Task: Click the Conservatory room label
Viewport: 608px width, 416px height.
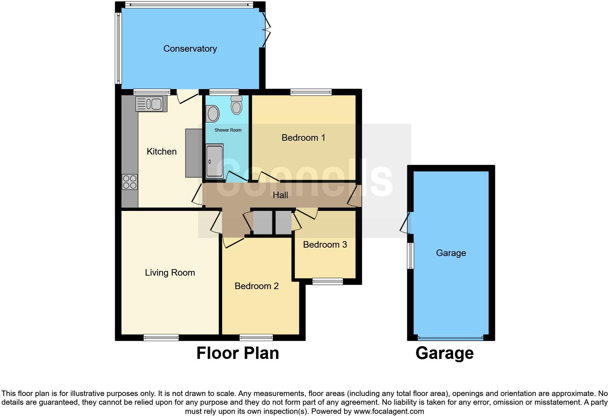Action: (190, 49)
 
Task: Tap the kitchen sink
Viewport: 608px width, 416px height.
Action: (151, 103)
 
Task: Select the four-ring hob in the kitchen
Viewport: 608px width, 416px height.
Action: (129, 182)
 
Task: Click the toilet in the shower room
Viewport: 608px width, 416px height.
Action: (236, 105)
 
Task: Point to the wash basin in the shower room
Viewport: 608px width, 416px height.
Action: (213, 114)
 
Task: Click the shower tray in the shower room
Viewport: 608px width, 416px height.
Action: (215, 161)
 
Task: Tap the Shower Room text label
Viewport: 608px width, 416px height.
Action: (228, 130)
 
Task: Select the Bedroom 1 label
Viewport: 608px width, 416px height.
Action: (303, 138)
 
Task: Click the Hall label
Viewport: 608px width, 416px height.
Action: (280, 195)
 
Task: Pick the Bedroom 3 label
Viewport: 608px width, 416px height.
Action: (325, 245)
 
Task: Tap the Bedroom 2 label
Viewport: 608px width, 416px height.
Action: (256, 286)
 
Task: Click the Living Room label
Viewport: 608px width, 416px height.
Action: (170, 273)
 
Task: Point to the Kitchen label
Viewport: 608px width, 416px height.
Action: (161, 152)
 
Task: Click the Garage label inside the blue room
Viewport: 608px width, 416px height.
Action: (451, 253)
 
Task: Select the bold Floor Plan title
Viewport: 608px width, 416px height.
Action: (237, 353)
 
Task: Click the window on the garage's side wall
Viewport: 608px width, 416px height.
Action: (411, 256)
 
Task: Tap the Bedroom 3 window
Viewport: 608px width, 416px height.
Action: (327, 281)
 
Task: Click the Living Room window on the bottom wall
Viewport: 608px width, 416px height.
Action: (161, 337)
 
